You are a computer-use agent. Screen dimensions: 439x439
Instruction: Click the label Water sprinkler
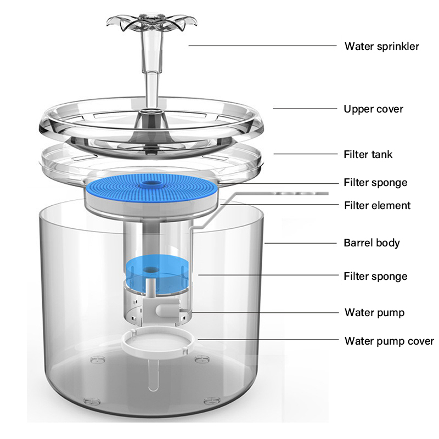click(381, 46)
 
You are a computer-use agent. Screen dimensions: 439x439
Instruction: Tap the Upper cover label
click(373, 109)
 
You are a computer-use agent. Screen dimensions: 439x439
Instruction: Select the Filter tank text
click(368, 154)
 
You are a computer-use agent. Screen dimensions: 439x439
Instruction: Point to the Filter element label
click(377, 205)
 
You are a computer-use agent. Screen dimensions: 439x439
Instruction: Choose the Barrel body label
click(372, 243)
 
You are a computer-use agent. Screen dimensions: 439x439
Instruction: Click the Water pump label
click(374, 312)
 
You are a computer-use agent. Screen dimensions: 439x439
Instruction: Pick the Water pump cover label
click(389, 341)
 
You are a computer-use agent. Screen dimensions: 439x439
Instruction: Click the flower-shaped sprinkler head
click(152, 23)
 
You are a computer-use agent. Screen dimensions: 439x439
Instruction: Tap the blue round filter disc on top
click(151, 188)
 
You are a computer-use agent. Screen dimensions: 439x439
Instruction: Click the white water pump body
click(160, 310)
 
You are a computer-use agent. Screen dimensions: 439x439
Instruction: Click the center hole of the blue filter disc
click(151, 184)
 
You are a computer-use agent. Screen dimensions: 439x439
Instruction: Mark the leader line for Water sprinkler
click(263, 46)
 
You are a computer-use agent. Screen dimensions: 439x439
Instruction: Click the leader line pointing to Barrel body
click(301, 243)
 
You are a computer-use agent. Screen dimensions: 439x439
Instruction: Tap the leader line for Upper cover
click(305, 109)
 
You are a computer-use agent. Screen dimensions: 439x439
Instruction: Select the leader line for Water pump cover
click(268, 340)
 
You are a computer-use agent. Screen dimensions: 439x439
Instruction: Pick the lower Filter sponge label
click(375, 277)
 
